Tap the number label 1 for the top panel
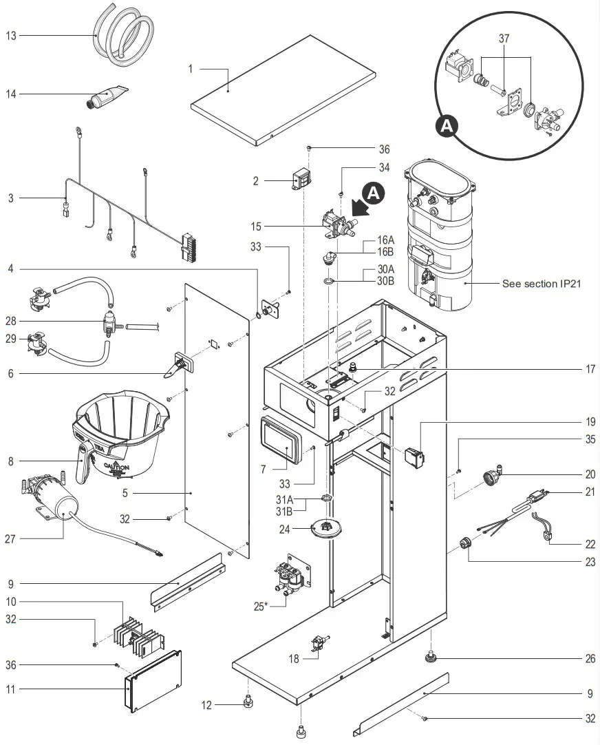coord(191,69)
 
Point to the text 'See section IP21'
coord(541,284)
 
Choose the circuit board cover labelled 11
coord(154,682)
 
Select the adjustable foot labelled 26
coord(431,658)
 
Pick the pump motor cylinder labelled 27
coord(62,509)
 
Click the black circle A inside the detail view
coord(447,125)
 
